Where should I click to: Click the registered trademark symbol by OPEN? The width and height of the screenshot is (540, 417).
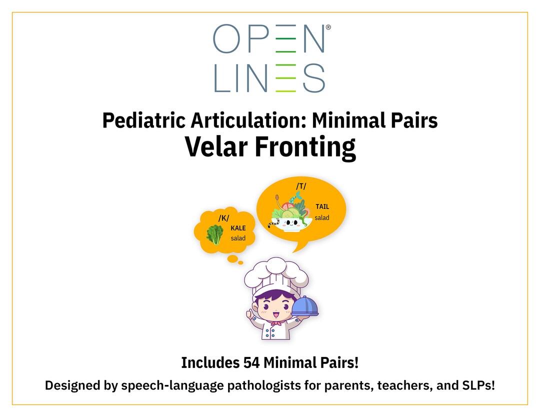tap(328, 28)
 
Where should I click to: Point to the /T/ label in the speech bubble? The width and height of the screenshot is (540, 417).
tap(301, 186)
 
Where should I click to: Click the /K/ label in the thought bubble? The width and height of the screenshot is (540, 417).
tap(223, 218)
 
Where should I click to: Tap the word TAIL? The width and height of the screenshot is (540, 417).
tap(322, 206)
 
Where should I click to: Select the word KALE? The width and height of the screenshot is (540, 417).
tap(238, 228)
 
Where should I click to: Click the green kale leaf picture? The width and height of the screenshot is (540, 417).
tap(215, 234)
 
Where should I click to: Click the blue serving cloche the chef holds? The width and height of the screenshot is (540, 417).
tap(305, 306)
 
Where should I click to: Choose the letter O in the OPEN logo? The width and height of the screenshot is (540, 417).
tap(227, 38)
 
